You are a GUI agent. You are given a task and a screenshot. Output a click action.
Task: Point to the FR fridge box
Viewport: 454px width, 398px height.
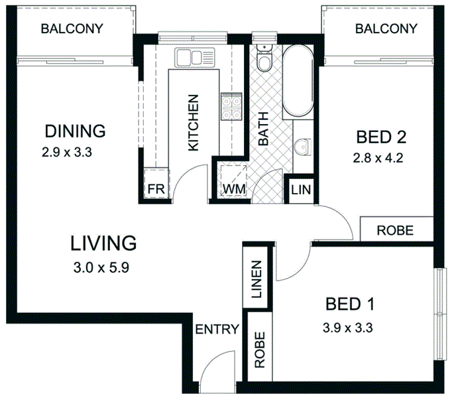(x=155, y=189)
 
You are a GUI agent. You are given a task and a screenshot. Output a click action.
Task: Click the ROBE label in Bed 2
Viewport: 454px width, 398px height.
(x=395, y=231)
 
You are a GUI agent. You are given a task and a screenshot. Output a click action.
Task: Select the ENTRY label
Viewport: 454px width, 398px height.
(x=217, y=330)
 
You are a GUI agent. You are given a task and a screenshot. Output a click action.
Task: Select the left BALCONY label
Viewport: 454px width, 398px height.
(x=72, y=29)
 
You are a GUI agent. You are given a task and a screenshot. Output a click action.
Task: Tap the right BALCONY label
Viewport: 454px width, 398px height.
(x=386, y=29)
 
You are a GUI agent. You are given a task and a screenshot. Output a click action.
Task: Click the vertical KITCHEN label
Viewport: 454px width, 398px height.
(x=194, y=123)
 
